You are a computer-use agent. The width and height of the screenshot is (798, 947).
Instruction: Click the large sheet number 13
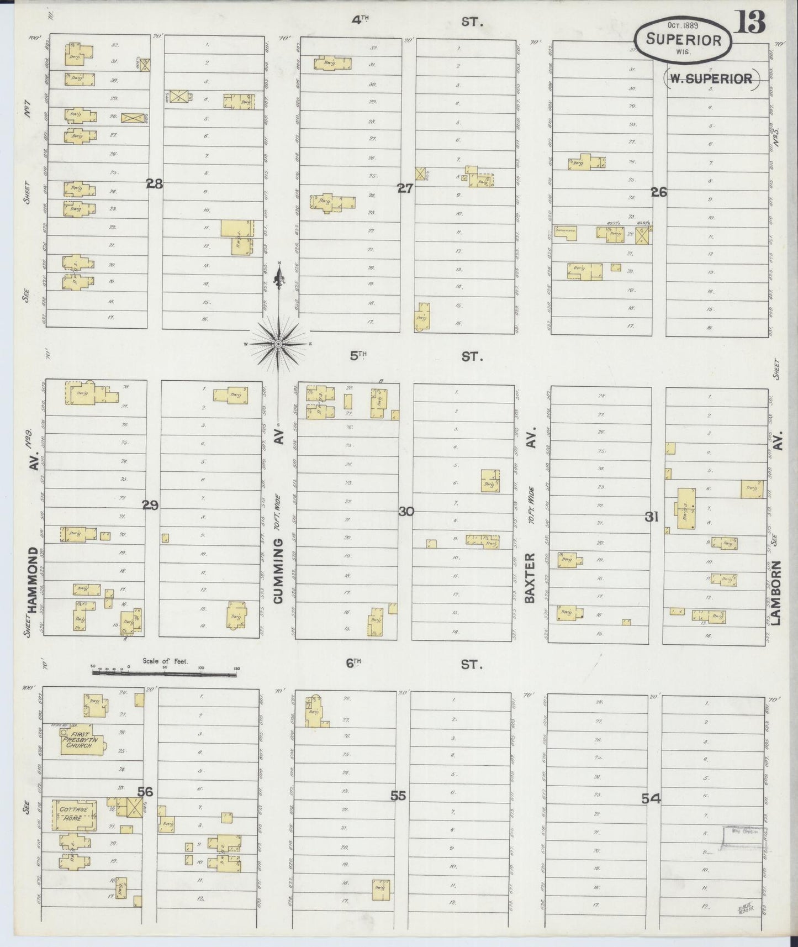coord(750,23)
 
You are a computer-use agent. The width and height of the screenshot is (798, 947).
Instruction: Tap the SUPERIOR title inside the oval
coord(684,40)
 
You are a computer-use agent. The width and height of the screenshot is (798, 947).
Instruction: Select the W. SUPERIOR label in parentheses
coord(710,78)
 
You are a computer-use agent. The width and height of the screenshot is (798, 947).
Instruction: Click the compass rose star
coord(279,344)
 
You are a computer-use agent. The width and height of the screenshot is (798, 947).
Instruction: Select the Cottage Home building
coord(74,814)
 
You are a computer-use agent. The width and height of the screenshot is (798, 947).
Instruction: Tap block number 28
coord(154,184)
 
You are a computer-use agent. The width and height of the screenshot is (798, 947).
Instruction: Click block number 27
coord(405,188)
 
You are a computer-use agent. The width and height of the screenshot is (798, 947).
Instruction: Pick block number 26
coord(658,192)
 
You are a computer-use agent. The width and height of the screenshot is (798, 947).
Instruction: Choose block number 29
coord(150,504)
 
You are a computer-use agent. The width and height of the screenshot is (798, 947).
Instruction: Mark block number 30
coord(406,512)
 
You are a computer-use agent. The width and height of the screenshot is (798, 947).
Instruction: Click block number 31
coord(652,517)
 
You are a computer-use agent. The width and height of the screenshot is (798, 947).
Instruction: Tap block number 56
coord(145,792)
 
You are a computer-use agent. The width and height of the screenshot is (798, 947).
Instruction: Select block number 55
coord(398,796)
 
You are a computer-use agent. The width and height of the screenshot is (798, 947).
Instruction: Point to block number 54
coord(651,798)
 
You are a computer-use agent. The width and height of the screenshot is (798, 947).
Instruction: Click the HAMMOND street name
coord(32,580)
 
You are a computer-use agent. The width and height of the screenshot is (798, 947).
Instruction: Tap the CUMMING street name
coord(278,570)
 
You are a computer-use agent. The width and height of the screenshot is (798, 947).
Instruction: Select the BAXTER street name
coord(531,577)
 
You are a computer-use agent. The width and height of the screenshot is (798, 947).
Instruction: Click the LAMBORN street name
coord(777,593)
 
